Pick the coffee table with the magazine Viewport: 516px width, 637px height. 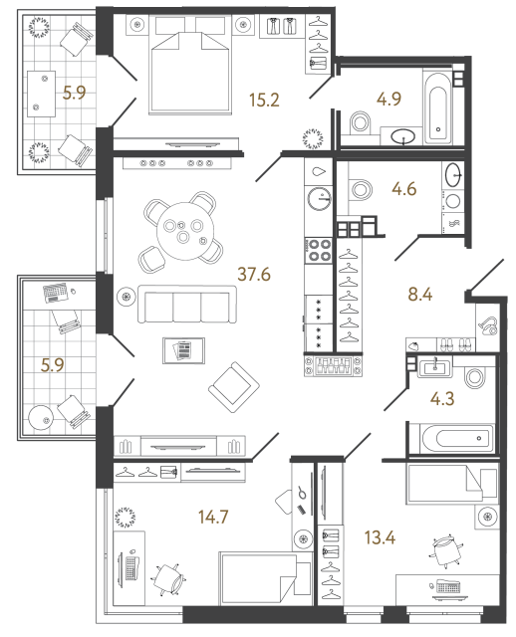(184, 350)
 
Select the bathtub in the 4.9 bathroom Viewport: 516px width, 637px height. (438, 106)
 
